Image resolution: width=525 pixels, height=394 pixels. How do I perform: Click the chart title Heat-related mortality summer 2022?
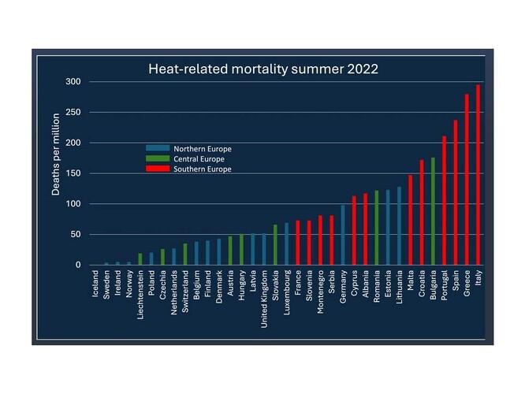[263, 69]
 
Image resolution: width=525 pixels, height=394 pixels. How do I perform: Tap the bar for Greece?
[467, 180]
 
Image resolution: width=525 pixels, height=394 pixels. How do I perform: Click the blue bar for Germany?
[343, 235]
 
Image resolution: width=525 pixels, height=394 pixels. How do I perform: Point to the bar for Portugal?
[444, 201]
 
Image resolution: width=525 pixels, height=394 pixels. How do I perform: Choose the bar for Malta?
[410, 220]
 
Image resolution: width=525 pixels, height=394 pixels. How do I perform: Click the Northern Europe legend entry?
[189, 148]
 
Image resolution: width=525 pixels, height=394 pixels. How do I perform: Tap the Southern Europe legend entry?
[189, 169]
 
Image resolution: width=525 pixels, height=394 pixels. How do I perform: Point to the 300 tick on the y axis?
[73, 82]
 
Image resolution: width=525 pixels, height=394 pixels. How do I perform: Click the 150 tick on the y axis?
[73, 173]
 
